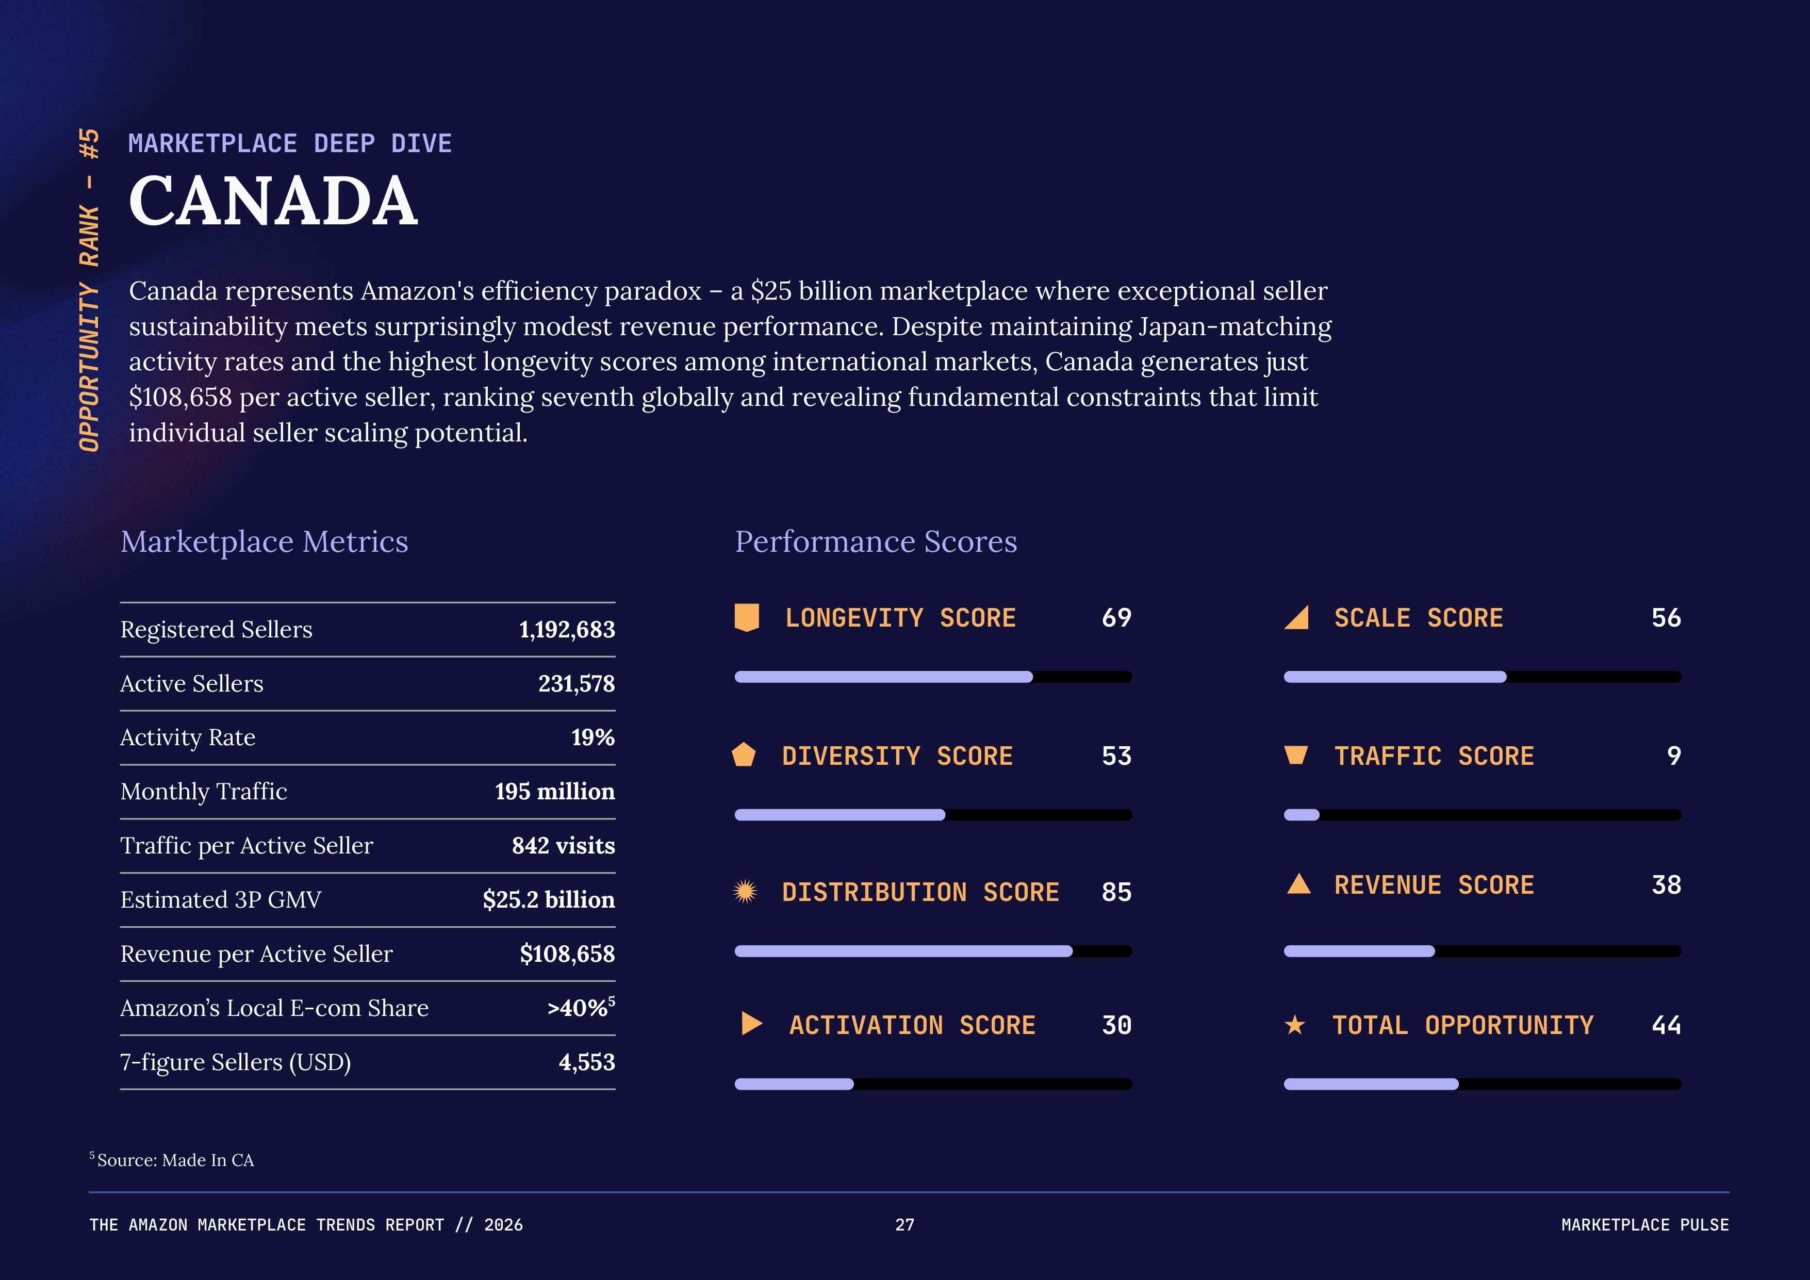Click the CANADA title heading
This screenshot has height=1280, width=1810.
pos(273,202)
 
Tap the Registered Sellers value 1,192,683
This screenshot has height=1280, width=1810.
pos(567,630)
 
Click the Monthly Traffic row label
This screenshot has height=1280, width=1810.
pos(203,791)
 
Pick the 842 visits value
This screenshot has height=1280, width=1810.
pos(563,846)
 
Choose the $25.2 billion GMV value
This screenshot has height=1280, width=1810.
pos(549,900)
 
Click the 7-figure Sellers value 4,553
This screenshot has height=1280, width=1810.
pos(586,1062)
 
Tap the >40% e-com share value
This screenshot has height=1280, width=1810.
pos(580,1008)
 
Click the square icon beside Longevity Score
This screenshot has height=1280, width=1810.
pos(747,618)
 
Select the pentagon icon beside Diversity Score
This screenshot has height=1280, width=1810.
pos(744,755)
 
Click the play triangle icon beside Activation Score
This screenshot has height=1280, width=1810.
pos(752,1024)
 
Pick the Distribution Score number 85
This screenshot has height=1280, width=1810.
pos(1116,892)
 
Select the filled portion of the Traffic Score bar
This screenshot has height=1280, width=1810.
pos(1302,815)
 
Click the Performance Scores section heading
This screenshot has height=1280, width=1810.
pos(876,541)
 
